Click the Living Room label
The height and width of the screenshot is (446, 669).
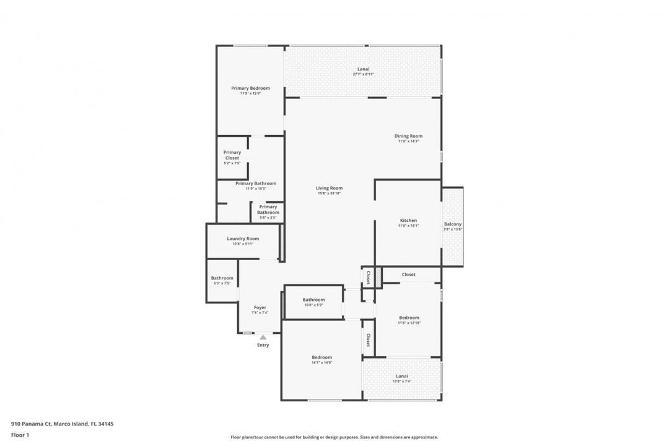point(329,188)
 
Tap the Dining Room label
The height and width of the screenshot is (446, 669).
point(408,136)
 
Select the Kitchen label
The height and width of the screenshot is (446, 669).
point(408,221)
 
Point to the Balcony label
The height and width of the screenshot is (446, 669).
point(453,224)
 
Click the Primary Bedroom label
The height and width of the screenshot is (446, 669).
point(250,89)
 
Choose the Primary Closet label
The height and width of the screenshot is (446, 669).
point(232,155)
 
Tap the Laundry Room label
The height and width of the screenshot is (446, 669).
point(243,238)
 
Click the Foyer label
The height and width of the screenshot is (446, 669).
point(260,307)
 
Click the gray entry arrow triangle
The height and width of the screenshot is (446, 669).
point(263,337)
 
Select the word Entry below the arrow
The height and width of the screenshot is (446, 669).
point(263,345)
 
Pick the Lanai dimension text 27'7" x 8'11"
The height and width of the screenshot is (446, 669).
point(363,74)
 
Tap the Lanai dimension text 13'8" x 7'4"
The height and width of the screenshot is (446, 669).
point(402,382)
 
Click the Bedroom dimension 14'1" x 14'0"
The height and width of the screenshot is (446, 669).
point(321,362)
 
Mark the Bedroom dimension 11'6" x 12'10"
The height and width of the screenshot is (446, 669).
point(409,323)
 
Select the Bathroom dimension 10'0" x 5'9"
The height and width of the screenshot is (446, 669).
point(313,305)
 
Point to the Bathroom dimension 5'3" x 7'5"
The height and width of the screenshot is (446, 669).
point(222,283)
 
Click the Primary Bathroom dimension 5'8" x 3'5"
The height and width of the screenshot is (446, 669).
point(268,217)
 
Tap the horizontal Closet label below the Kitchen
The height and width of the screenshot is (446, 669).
point(409,274)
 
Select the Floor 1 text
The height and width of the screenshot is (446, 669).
point(20,435)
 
